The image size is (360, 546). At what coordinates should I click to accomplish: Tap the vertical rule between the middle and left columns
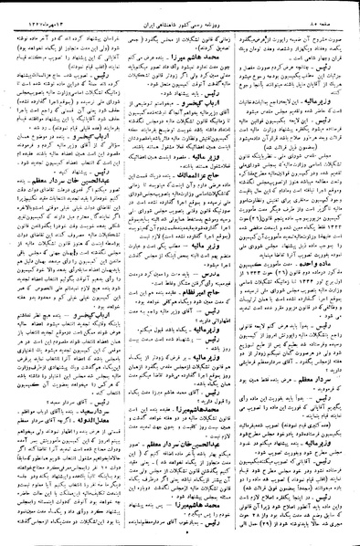122,274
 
